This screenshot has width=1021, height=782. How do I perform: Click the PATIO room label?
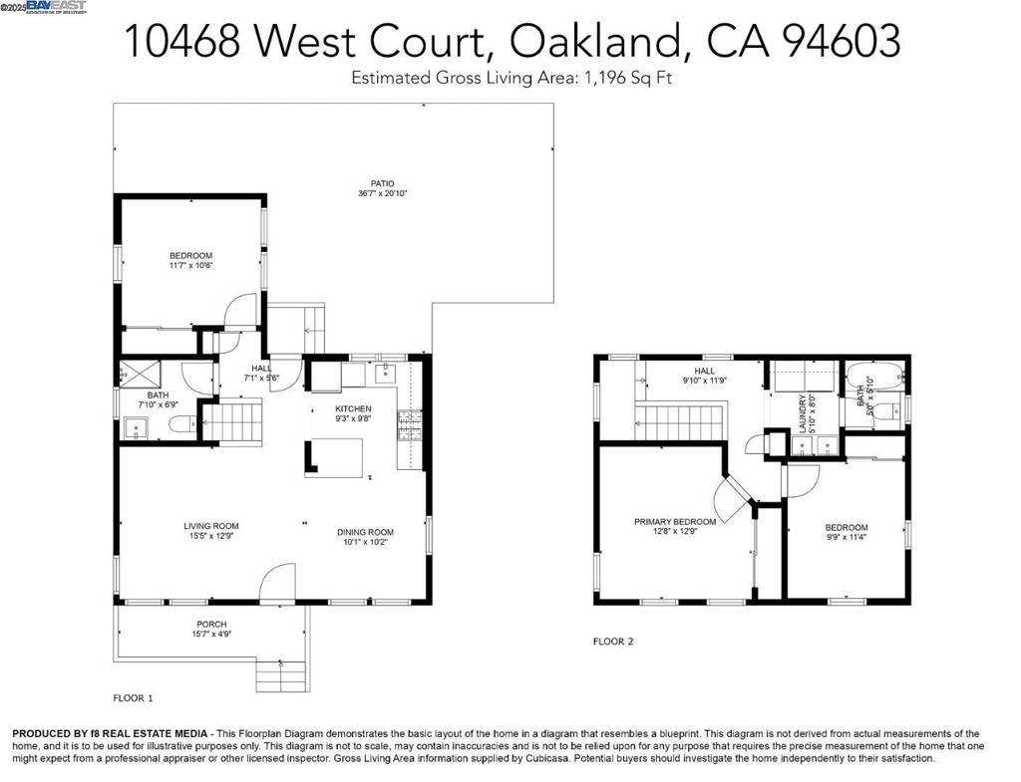pyautogui.click(x=383, y=183)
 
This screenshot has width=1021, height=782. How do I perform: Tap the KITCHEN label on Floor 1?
pyautogui.click(x=353, y=409)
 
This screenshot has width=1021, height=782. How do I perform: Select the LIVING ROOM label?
pyautogui.click(x=210, y=526)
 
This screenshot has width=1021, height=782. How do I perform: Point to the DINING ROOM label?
pyautogui.click(x=365, y=532)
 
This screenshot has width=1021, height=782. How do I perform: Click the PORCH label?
pyautogui.click(x=210, y=625)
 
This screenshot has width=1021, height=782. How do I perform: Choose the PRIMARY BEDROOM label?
pyautogui.click(x=675, y=522)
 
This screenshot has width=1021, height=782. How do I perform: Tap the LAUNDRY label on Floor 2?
pyautogui.click(x=802, y=410)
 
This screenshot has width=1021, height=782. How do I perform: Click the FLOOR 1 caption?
pyautogui.click(x=133, y=698)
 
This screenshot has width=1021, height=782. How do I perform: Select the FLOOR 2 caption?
pyautogui.click(x=613, y=642)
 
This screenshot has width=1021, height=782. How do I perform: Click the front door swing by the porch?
pyautogui.click(x=278, y=583)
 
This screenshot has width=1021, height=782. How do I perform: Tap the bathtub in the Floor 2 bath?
pyautogui.click(x=873, y=378)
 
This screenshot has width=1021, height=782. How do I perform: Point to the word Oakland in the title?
pyautogui.click(x=596, y=42)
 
